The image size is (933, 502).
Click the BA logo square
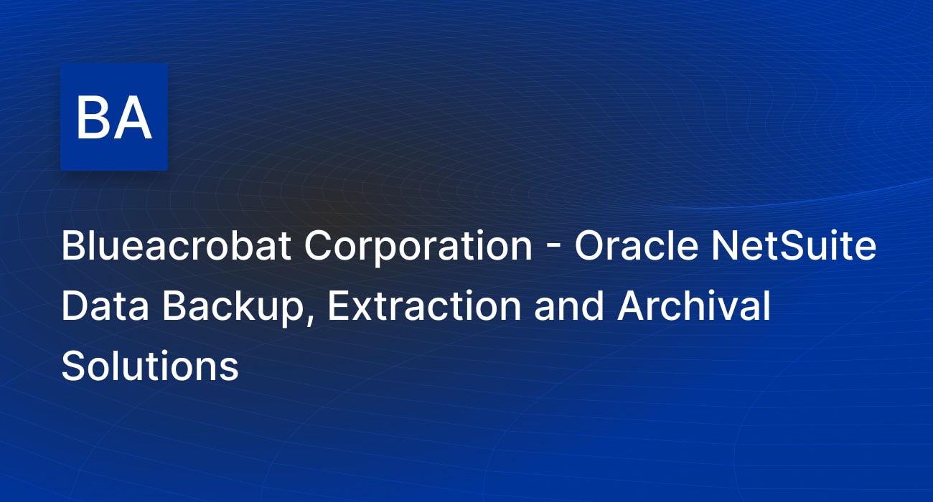pos(114,117)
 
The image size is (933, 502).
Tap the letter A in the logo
pos(132,118)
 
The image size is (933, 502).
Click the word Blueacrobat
pos(176,245)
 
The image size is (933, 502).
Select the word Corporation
pos(418,248)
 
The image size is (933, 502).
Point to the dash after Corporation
pos(553,249)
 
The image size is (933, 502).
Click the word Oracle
pos(637,245)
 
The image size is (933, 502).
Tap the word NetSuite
pos(794,245)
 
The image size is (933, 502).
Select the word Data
pos(105,306)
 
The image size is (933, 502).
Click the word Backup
pos(232,308)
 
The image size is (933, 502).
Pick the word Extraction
pos(424,306)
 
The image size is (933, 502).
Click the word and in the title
pos(569,306)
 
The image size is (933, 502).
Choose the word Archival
pos(694,306)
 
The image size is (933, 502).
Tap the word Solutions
pos(150,366)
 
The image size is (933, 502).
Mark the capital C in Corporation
pos(320,245)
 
